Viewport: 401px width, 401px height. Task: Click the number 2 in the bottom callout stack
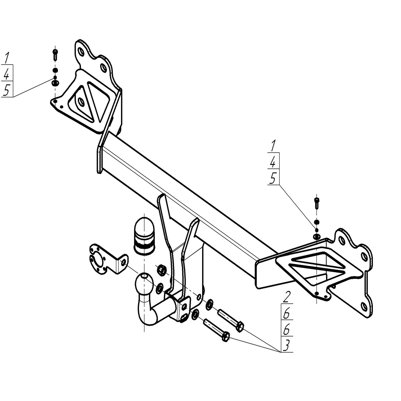[286, 298]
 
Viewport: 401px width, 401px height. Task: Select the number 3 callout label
[286, 346]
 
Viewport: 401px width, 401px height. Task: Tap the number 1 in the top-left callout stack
[6, 58]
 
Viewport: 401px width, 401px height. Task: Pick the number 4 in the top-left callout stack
[7, 74]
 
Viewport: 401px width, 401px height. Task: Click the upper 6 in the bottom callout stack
[286, 313]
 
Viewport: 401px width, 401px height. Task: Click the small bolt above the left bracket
[55, 55]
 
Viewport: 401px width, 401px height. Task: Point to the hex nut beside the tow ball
[162, 270]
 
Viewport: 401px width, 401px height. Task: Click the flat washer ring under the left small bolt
[55, 83]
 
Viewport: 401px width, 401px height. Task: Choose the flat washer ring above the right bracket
[316, 237]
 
